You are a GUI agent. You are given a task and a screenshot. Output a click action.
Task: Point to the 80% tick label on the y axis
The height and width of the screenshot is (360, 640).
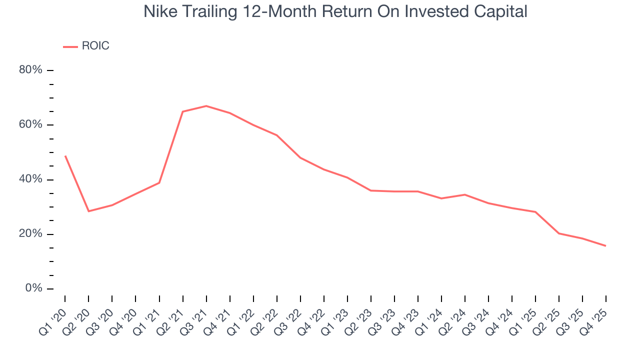(30, 70)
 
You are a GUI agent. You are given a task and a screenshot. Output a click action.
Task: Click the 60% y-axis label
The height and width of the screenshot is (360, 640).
(30, 124)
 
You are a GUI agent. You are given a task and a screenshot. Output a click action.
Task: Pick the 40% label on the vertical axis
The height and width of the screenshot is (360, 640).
(30, 179)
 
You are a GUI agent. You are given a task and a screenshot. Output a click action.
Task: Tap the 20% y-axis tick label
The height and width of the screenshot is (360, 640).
(30, 234)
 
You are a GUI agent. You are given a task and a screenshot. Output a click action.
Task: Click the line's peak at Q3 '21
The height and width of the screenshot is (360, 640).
(206, 106)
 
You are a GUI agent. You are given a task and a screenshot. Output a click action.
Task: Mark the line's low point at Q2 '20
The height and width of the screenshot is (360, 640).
(88, 211)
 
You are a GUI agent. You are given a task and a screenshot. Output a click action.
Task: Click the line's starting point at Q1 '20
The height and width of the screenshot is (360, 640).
(65, 156)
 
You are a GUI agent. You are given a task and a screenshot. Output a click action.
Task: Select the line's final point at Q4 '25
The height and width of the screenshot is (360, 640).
(605, 245)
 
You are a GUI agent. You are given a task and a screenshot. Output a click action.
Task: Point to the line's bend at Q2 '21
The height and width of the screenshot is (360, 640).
(182, 111)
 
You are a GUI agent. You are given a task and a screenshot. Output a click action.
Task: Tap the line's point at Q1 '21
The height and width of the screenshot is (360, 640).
(159, 183)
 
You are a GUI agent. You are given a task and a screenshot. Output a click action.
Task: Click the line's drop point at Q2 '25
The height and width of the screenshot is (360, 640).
(558, 233)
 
